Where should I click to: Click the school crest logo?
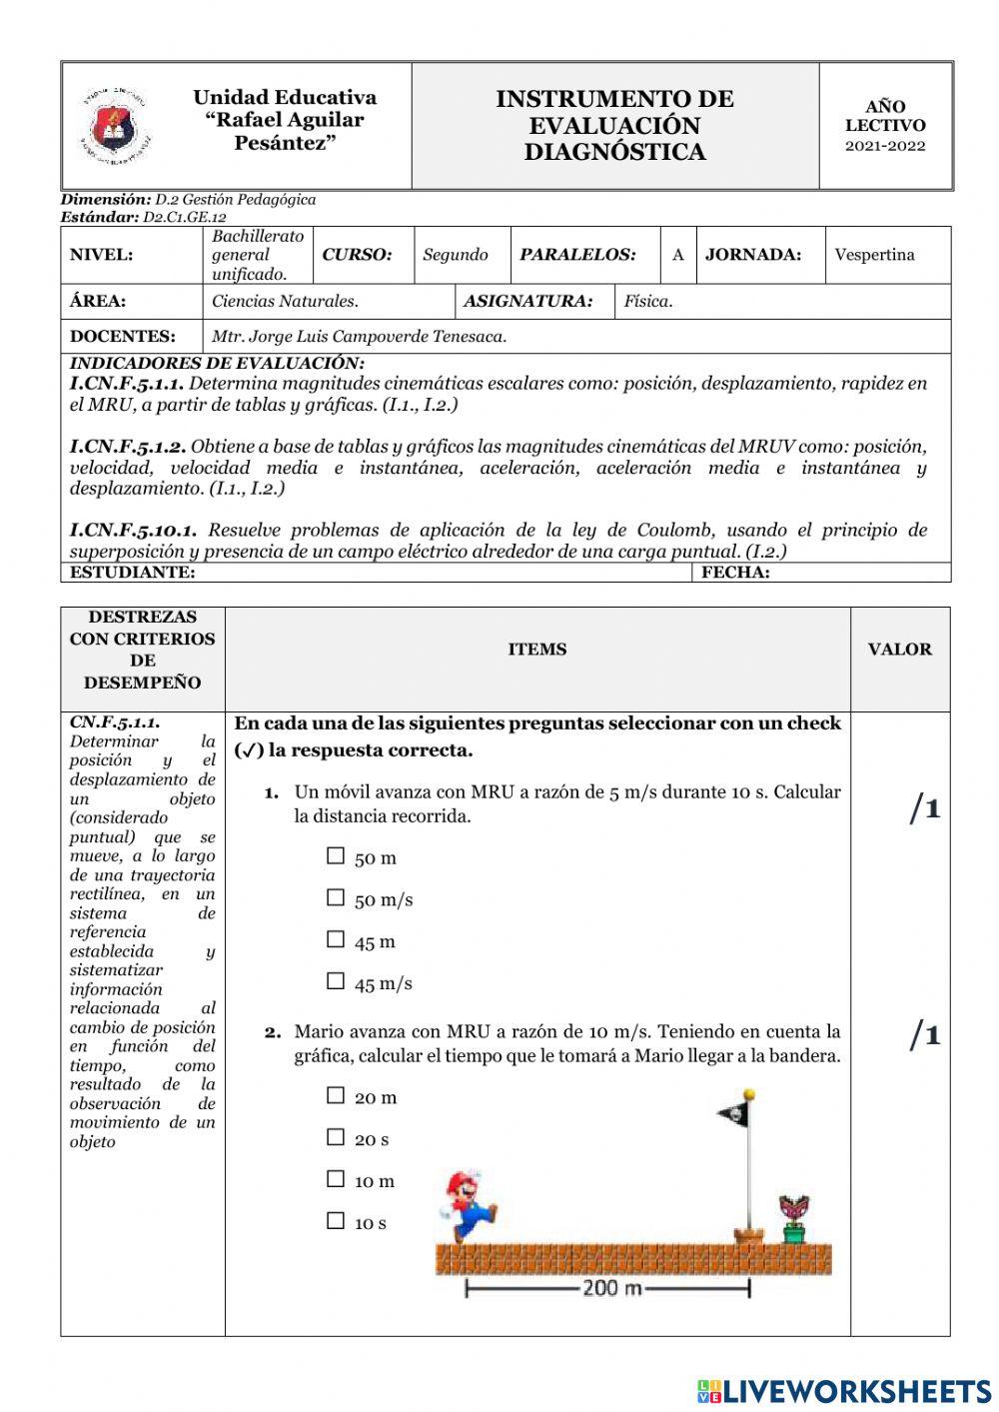116,126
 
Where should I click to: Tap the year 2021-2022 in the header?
885,146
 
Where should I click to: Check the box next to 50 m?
336,856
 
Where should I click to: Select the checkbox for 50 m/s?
336,898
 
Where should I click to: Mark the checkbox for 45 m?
336,940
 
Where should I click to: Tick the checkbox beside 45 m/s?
336,982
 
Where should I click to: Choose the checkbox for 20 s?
336,1138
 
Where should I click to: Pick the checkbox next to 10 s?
336,1221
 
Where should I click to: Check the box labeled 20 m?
336,1096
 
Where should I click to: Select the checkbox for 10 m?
336,1180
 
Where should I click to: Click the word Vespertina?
874,255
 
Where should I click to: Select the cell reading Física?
647,301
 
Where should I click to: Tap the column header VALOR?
899,650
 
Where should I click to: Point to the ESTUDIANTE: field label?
132,573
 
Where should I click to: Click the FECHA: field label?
735,573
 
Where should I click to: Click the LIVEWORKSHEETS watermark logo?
844,1391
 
